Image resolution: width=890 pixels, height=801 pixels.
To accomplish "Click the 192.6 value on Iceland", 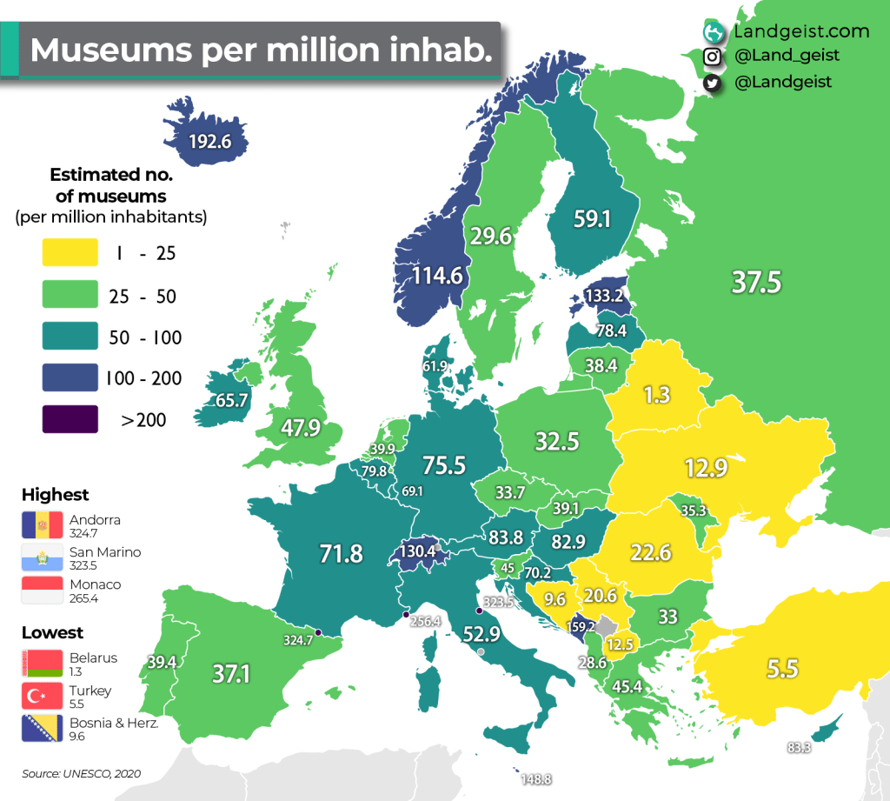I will click(x=209, y=141).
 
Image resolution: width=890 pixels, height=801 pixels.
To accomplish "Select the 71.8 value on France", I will click(x=341, y=552).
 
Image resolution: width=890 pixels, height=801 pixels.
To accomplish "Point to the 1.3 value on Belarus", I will click(x=656, y=395).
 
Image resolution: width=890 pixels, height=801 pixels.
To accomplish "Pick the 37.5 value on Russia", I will click(x=755, y=282).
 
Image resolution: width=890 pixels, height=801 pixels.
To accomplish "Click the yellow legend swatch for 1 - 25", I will click(x=70, y=254).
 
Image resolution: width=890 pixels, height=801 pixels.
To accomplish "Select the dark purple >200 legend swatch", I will click(x=70, y=421).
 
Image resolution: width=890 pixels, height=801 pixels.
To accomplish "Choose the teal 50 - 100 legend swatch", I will click(x=70, y=337).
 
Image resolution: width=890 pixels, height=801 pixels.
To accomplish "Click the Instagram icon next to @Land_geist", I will click(x=713, y=57).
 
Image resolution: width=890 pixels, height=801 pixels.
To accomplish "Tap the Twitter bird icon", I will click(x=713, y=82).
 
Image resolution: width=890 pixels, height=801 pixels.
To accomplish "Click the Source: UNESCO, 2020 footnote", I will click(x=81, y=772).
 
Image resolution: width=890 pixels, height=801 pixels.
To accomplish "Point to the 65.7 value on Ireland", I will click(x=232, y=401).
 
